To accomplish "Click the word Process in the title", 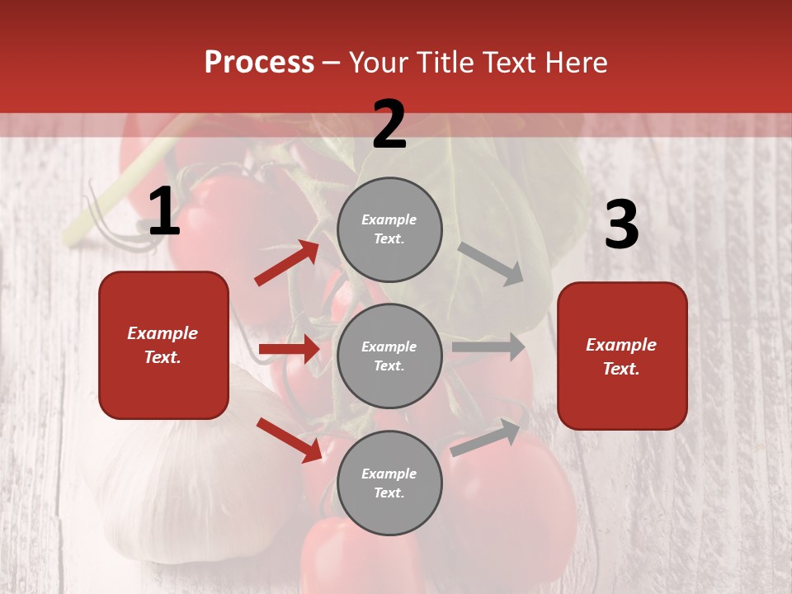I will click(x=259, y=63).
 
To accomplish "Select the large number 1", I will click(x=164, y=213).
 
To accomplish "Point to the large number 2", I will click(x=389, y=125).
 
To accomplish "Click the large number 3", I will click(x=621, y=226).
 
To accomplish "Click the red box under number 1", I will click(x=163, y=345).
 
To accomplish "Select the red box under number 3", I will click(x=622, y=356).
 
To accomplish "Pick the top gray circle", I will click(x=389, y=229).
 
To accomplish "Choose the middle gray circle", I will click(x=389, y=356).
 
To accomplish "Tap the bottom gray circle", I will click(x=389, y=483).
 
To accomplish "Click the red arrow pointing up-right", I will click(x=287, y=263).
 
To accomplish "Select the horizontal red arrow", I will click(x=289, y=349).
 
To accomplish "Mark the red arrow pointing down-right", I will click(x=289, y=440).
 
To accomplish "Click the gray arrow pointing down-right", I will click(x=492, y=263).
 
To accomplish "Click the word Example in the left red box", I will click(x=163, y=333).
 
